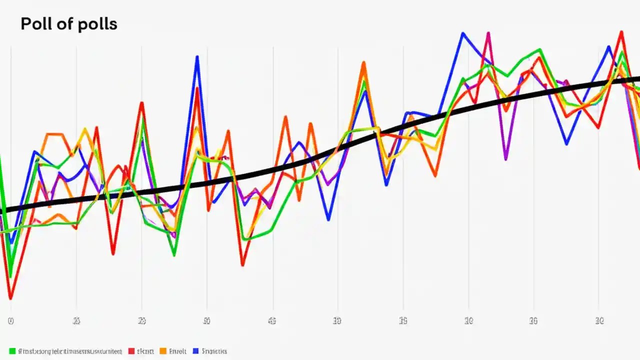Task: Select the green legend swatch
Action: tap(12, 351)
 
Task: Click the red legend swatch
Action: tap(131, 351)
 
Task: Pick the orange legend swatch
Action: tap(162, 351)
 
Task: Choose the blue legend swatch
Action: tap(196, 351)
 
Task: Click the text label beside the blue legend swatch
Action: tap(214, 351)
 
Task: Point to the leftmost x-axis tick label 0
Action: tap(10, 321)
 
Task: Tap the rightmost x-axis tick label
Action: tap(599, 320)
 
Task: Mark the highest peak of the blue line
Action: tap(463, 33)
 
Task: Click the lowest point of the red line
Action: tap(10, 298)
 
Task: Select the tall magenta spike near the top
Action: tap(488, 33)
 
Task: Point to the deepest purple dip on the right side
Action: tap(506, 159)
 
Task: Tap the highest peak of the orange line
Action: tap(363, 62)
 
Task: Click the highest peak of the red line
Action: tap(621, 31)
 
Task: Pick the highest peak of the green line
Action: tap(539, 49)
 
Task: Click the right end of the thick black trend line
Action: tap(638, 79)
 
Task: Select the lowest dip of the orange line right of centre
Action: tap(435, 175)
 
